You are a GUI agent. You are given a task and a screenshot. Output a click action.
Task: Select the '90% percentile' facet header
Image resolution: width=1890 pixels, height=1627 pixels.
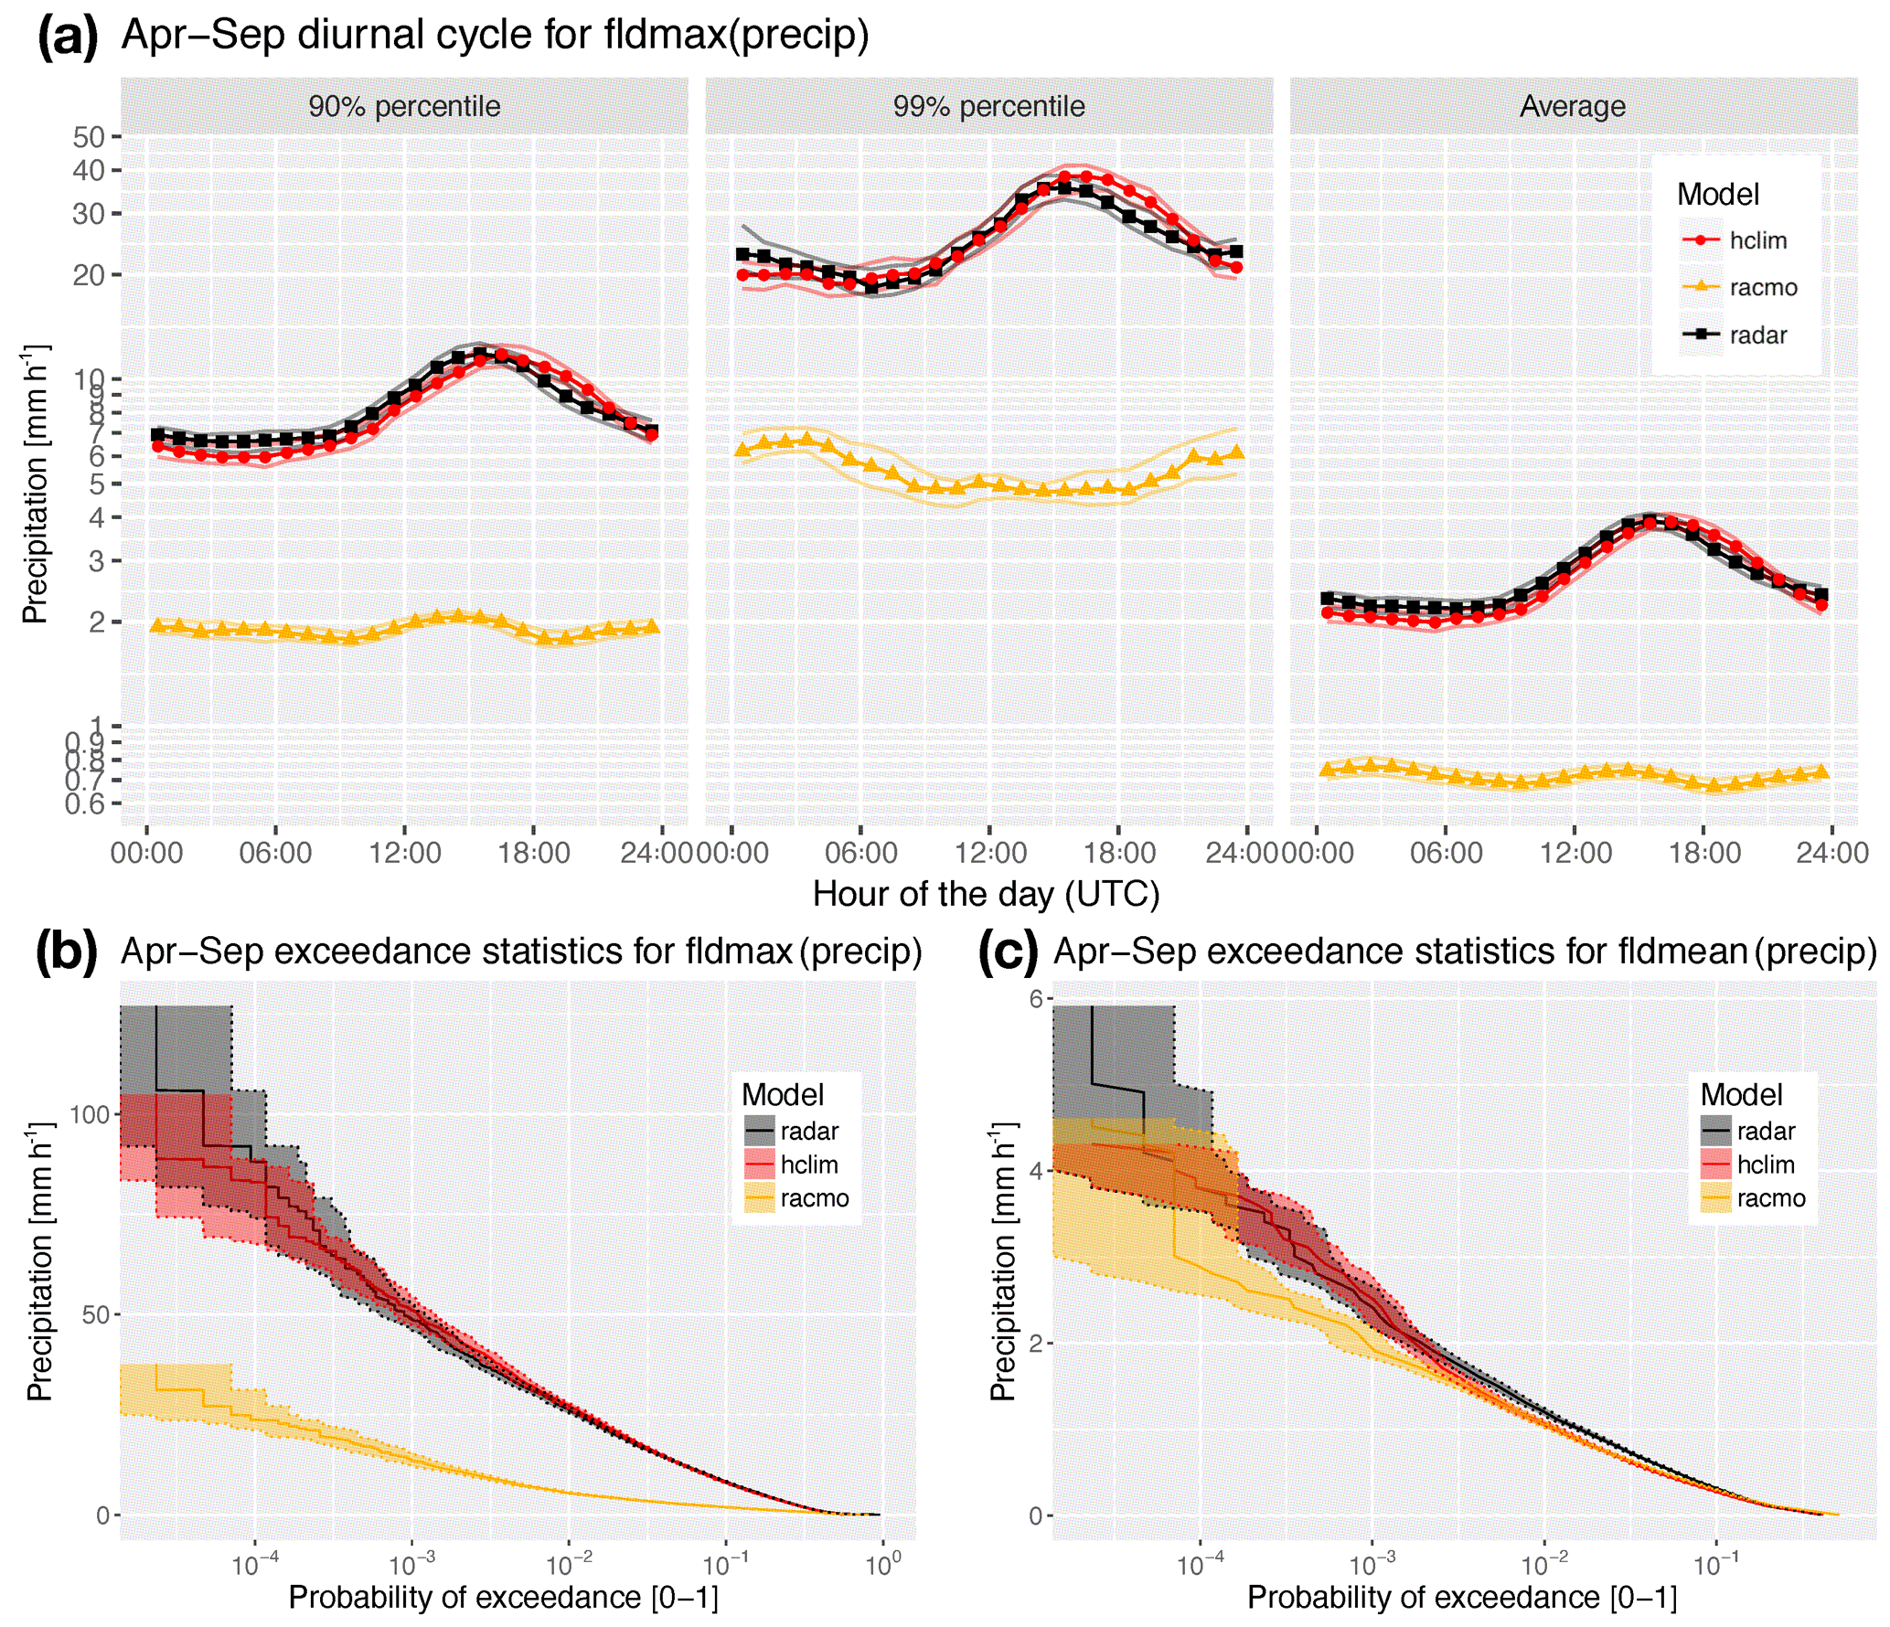click(x=404, y=106)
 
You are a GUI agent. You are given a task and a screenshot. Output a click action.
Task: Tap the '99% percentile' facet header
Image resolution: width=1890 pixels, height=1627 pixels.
click(x=988, y=106)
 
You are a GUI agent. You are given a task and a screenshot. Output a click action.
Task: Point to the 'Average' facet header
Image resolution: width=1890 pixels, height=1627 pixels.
click(x=1573, y=106)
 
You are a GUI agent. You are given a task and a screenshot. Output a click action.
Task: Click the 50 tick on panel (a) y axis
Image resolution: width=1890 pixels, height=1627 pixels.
click(x=89, y=137)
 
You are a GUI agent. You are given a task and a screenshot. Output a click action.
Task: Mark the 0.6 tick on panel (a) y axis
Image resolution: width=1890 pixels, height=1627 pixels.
click(x=84, y=803)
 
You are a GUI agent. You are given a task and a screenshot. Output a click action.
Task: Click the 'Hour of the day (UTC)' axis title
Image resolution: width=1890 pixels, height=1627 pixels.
click(x=986, y=894)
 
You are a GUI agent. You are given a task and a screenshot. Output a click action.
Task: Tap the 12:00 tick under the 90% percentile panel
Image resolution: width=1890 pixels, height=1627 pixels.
click(x=404, y=853)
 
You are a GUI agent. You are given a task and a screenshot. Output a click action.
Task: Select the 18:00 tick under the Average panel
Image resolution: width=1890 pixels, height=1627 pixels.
click(x=1703, y=853)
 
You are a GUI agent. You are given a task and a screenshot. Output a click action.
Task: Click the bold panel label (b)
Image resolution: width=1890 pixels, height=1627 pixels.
click(x=66, y=952)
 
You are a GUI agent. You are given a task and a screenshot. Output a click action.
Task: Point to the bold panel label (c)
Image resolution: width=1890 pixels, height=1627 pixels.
click(x=1008, y=952)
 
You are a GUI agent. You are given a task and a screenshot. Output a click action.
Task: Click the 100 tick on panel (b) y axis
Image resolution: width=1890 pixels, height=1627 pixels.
click(x=90, y=1114)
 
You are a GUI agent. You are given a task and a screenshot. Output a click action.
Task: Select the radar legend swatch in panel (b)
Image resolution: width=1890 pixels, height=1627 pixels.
click(x=760, y=1131)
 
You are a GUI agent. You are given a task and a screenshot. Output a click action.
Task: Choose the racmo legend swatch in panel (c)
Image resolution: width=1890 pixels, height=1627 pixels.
click(x=1716, y=1197)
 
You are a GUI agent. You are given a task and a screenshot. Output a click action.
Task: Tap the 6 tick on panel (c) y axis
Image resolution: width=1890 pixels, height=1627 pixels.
click(x=1036, y=998)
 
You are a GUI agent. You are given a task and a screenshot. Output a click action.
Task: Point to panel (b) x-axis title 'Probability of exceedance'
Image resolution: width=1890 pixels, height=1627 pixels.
click(x=464, y=1597)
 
